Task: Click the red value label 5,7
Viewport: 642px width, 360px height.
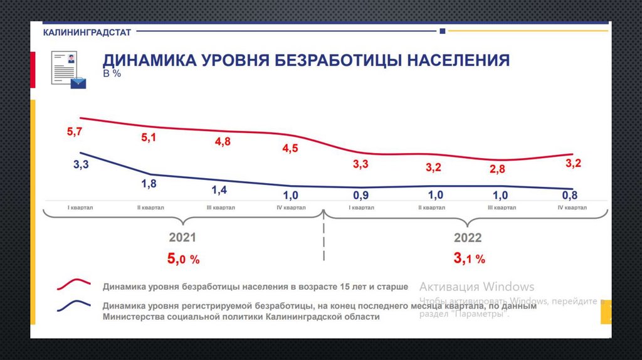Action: point(74,132)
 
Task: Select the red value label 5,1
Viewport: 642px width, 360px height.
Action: point(149,138)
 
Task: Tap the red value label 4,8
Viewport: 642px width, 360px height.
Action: point(223,142)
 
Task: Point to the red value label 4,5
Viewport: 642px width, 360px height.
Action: point(291,149)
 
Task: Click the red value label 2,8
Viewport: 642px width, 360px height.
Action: point(497,169)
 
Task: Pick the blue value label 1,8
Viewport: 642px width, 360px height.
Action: point(149,184)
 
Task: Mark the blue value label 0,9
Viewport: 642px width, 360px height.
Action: point(360,194)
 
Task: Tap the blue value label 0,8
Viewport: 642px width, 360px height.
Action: point(569,195)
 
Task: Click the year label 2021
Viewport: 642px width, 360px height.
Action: point(182,238)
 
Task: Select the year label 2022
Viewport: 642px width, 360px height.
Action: point(468,238)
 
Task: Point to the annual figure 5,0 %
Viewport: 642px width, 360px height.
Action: point(183,258)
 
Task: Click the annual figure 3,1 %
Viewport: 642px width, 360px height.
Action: point(468,258)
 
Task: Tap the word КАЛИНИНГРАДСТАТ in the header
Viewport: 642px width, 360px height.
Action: point(87,32)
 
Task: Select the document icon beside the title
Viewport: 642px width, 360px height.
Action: point(67,70)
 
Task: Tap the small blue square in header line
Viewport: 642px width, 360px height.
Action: point(443,31)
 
